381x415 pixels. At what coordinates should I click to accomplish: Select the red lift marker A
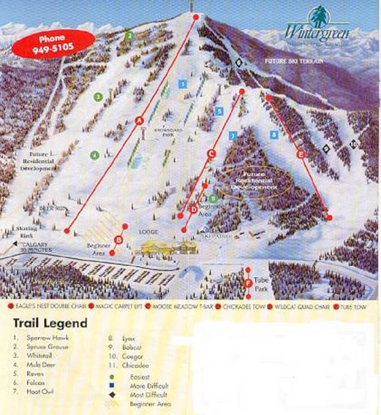[139, 120]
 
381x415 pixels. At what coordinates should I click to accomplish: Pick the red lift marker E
[301, 154]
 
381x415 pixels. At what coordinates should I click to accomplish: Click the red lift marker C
[211, 154]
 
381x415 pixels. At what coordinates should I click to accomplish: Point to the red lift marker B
[119, 239]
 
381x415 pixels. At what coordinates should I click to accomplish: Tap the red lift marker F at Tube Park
[248, 282]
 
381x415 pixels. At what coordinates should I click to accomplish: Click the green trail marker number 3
[98, 97]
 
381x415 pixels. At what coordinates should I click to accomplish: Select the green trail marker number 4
[95, 155]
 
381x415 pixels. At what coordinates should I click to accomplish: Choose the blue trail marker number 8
[274, 135]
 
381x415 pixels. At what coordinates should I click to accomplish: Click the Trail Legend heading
[50, 323]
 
